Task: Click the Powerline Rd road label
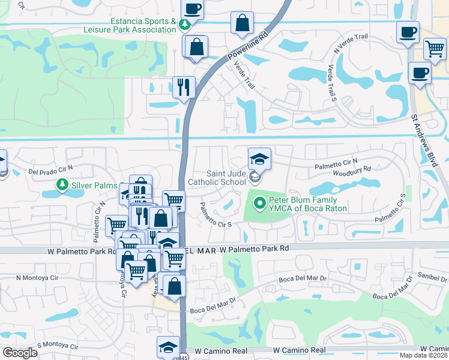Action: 246,46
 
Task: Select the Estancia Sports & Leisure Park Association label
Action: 142,25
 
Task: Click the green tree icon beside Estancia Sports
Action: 185,24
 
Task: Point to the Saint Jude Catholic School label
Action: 217,178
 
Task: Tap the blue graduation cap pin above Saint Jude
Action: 259,159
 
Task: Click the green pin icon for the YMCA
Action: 259,204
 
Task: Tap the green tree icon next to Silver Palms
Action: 61,184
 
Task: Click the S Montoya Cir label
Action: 58,346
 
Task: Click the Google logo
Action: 20,353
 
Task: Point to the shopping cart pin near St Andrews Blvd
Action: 435,49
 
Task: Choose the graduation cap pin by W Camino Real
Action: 168,347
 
